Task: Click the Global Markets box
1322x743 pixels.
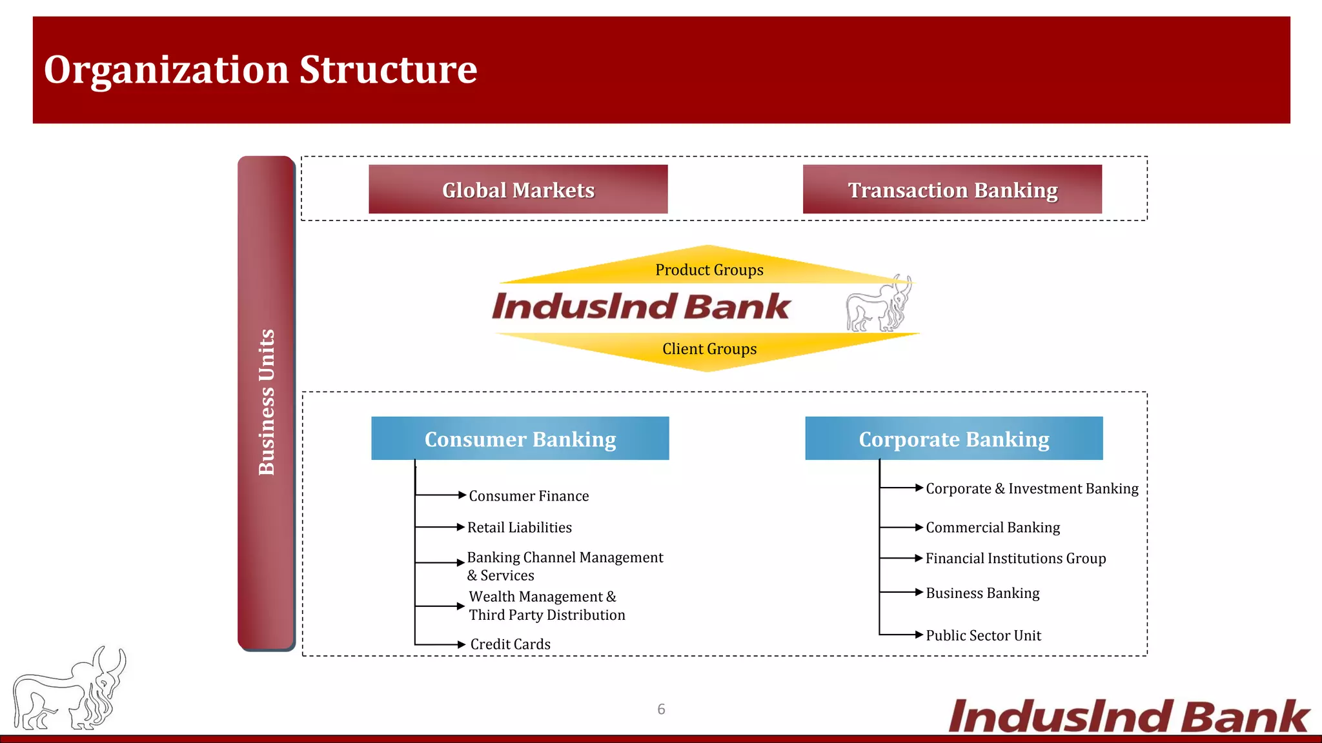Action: coord(518,190)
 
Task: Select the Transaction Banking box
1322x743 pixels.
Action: coord(952,190)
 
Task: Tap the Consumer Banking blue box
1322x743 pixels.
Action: coord(520,439)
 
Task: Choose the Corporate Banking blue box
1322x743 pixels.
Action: coord(953,439)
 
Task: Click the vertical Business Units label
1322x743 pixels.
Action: coord(267,402)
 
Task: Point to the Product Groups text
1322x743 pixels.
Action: coord(709,270)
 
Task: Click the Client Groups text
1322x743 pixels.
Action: coord(709,349)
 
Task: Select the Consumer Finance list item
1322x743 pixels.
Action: coord(529,496)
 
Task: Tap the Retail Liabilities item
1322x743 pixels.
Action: coord(520,528)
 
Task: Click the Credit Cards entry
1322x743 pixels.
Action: coord(510,644)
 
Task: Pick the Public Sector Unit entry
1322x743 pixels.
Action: coord(983,635)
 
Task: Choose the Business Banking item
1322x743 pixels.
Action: coord(982,593)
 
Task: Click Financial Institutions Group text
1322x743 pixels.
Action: coord(1015,559)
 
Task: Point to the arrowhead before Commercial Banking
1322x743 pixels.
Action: coord(919,528)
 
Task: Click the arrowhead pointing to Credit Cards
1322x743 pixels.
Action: coord(461,644)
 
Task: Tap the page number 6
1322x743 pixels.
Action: coord(661,709)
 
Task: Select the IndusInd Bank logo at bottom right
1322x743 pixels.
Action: coord(1128,716)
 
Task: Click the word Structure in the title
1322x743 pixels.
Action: coord(388,70)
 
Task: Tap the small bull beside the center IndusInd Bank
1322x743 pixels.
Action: coord(879,304)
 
